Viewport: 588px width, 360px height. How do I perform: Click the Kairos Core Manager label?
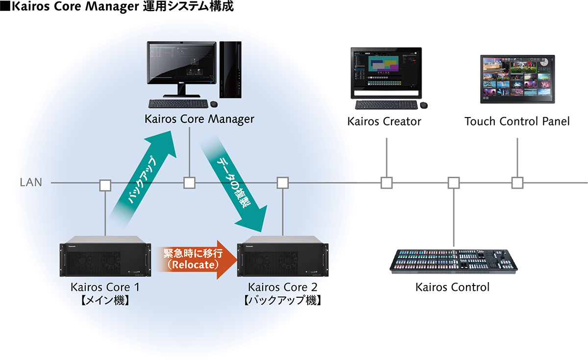[199, 119]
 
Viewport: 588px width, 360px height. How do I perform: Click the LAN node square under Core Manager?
[190, 183]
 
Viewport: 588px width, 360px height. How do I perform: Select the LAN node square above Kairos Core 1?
[105, 185]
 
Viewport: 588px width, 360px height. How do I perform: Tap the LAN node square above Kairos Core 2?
[282, 183]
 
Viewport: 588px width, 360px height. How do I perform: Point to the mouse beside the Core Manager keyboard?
[215, 104]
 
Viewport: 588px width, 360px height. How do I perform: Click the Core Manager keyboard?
[177, 104]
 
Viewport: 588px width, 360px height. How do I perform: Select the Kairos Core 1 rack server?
[105, 260]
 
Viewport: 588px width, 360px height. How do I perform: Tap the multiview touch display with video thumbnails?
[517, 75]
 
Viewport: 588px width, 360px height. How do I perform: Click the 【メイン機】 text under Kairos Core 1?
[105, 300]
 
